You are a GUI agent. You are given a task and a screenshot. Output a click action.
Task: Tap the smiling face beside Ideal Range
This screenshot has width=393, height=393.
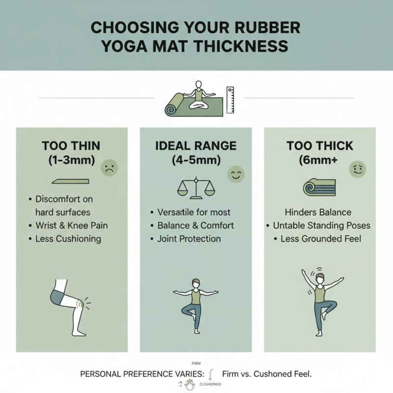click(x=236, y=174)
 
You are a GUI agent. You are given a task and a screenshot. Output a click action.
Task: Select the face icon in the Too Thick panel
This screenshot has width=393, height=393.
click(x=357, y=169)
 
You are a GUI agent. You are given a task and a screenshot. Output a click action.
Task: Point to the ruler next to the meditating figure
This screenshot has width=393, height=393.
click(x=230, y=100)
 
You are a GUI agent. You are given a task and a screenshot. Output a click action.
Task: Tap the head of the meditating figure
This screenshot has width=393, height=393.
click(x=199, y=85)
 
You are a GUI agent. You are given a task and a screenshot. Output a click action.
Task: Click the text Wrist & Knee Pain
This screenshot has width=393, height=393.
click(x=72, y=225)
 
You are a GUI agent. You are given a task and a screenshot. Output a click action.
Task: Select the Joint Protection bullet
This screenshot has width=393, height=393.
click(x=189, y=239)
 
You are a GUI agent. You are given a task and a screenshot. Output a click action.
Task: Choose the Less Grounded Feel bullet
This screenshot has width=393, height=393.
click(x=320, y=239)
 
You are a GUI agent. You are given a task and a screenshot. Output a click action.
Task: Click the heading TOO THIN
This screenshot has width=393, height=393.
click(x=71, y=146)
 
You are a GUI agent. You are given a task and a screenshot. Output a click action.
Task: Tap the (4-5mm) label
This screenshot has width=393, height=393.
click(x=196, y=160)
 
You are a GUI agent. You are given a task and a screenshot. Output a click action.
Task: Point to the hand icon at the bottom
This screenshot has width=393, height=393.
click(x=190, y=383)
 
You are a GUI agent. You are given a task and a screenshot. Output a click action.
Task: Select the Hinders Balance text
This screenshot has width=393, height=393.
click(x=318, y=212)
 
